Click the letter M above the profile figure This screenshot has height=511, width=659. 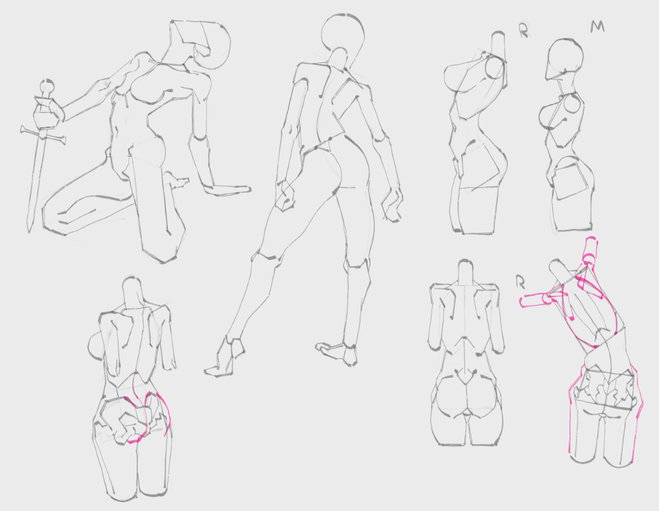tap(597, 26)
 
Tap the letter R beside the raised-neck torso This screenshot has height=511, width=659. tap(524, 30)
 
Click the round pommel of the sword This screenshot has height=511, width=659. tap(47, 87)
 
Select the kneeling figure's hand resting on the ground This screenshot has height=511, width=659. tap(226, 189)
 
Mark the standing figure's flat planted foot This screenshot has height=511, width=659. tap(337, 353)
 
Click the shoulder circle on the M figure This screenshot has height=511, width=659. tap(571, 104)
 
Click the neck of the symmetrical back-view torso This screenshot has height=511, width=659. tap(466, 273)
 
